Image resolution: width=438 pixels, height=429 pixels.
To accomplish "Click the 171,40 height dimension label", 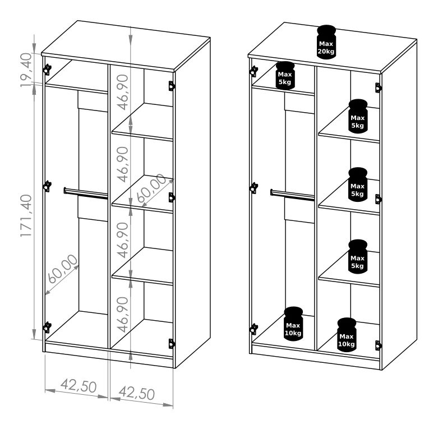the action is tap(26, 216).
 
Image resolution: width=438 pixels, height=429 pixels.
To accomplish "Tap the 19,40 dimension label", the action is tap(26, 70).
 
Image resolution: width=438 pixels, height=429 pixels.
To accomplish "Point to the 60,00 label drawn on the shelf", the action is tap(151, 188).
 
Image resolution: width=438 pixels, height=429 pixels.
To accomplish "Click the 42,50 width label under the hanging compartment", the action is tap(79, 386).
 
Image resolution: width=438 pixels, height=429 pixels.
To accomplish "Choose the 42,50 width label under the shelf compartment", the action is tap(137, 393).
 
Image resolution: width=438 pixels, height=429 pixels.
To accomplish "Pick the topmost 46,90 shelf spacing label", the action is tap(123, 92).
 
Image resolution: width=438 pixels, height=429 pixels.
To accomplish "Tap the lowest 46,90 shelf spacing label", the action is tap(123, 315).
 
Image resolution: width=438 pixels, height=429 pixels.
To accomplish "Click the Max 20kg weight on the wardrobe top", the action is tap(326, 42).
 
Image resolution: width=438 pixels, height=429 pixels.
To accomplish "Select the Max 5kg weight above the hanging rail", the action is tap(285, 75).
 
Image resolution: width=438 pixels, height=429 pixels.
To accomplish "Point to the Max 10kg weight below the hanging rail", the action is tap(293, 324).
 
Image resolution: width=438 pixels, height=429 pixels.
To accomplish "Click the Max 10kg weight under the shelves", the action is tap(347, 335).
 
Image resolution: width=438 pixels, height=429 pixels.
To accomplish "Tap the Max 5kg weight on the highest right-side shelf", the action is tap(358, 116).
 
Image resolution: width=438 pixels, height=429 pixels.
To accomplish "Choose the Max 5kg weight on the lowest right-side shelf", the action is tap(358, 256).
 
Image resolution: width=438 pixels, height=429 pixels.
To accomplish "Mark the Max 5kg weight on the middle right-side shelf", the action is tap(358, 184).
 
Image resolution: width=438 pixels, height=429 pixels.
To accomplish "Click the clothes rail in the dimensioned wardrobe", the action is tap(86, 193).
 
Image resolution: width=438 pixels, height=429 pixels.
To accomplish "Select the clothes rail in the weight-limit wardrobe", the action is tap(292, 195).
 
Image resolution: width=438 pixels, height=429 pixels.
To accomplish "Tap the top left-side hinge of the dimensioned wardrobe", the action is tap(47, 70).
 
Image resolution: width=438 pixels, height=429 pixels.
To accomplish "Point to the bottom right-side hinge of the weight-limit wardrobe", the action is tap(378, 345).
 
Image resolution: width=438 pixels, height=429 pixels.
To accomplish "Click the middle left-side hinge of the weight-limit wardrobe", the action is tap(253, 188).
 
